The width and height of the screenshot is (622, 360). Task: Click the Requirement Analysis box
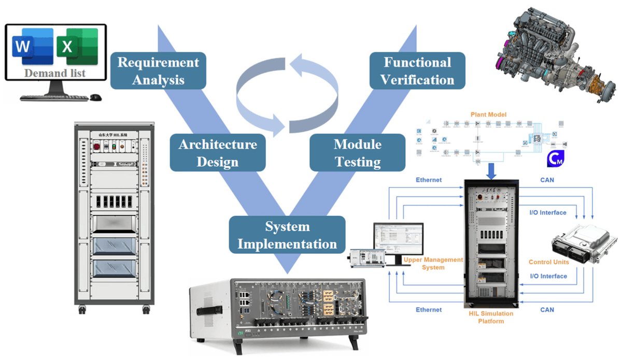tap(158, 71)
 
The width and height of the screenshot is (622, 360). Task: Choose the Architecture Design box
tap(217, 153)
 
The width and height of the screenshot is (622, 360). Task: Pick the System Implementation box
tap(287, 234)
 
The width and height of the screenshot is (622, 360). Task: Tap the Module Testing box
tap(357, 153)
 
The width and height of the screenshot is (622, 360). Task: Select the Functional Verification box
tap(417, 71)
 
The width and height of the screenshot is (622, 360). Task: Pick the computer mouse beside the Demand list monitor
tap(96, 97)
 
